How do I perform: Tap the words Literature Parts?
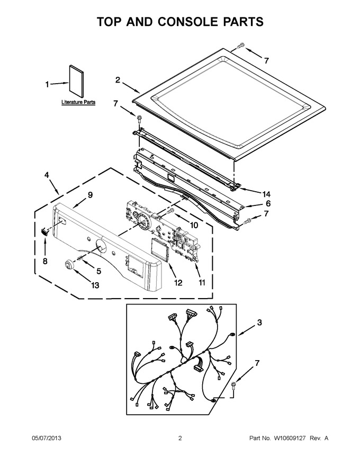[x=78, y=102]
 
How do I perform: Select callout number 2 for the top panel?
[x=118, y=80]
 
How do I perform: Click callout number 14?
[x=266, y=194]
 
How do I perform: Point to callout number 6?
[x=268, y=203]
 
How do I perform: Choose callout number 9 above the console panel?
[x=90, y=195]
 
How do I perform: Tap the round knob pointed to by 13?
[x=69, y=264]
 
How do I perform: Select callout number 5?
[x=98, y=271]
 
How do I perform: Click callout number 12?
[x=178, y=283]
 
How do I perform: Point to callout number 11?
[x=202, y=283]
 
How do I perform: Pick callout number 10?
[x=194, y=225]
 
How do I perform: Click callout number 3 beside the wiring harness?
[x=259, y=322]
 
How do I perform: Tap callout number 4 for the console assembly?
[x=47, y=175]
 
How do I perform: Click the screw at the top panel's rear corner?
[x=240, y=46]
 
